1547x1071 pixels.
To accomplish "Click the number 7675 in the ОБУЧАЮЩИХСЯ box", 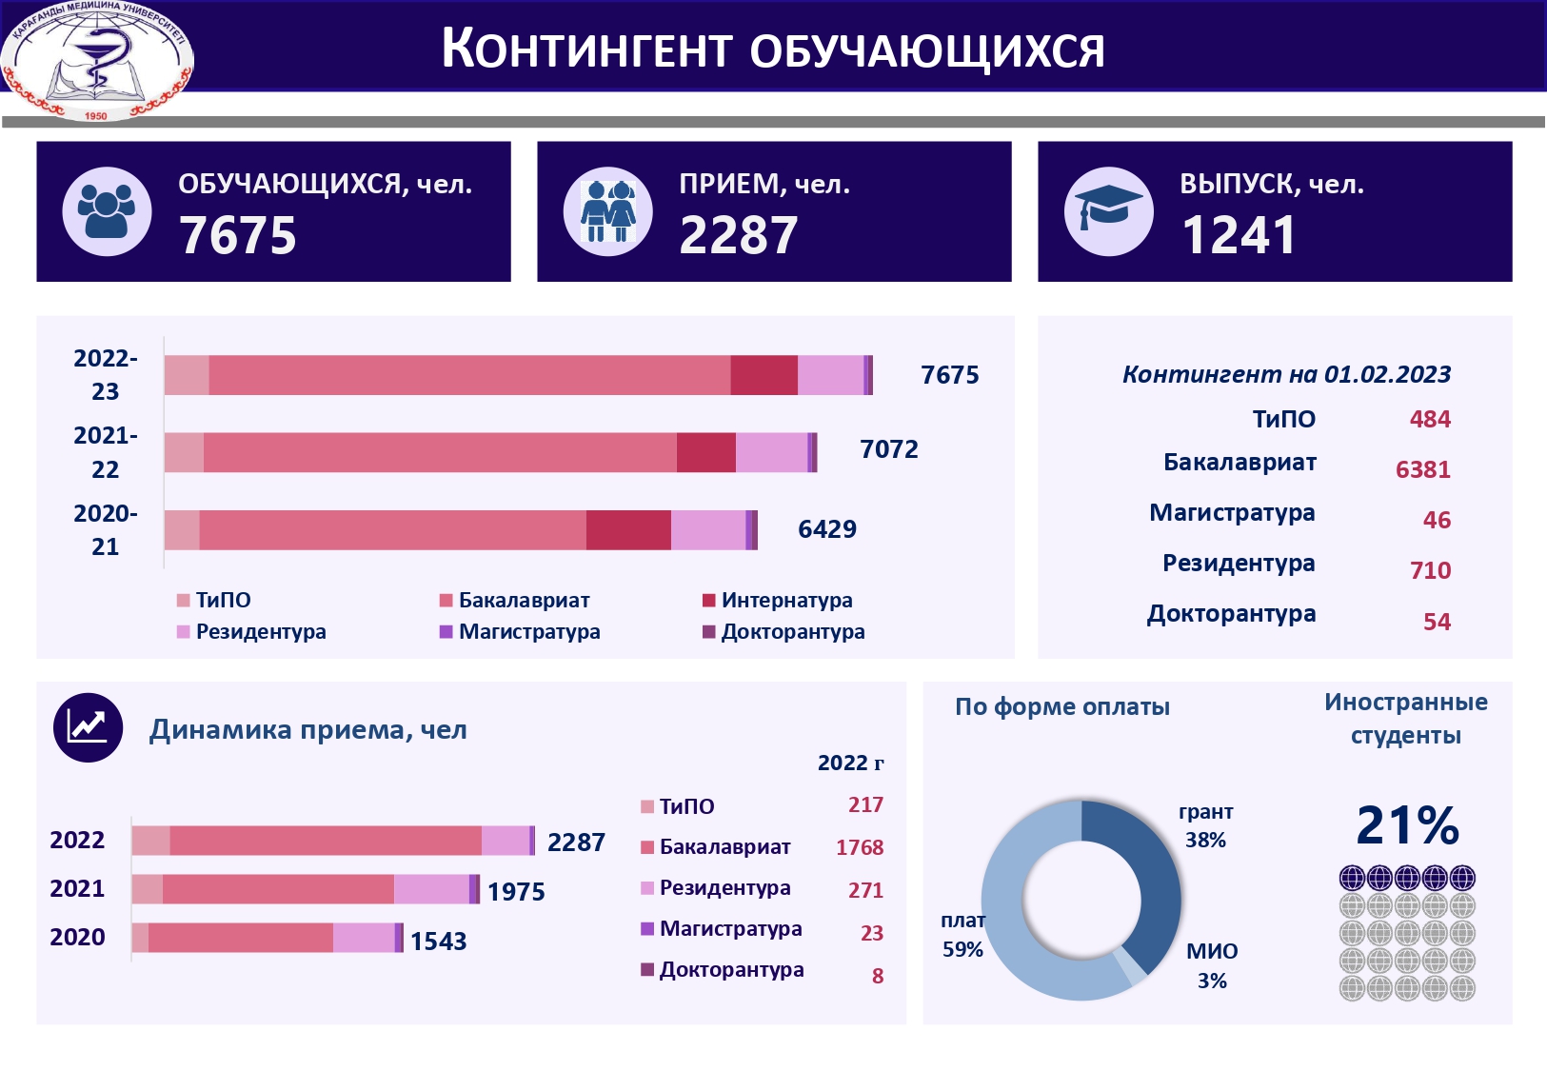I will pos(238,235).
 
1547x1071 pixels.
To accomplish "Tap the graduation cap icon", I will pos(1108,210).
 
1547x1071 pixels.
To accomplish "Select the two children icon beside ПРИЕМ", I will pos(607,210).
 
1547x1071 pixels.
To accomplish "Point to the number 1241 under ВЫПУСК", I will pos(1239,235).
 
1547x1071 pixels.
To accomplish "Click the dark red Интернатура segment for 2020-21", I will pos(628,530).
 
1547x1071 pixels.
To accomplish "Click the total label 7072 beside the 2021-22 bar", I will pos(888,449).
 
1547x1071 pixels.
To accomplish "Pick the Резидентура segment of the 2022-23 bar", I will pos(830,375).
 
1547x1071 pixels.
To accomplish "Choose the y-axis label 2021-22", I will pos(105,452).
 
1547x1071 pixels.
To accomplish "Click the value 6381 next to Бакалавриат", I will pos(1422,469).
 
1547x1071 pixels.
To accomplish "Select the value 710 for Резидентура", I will pos(1430,570).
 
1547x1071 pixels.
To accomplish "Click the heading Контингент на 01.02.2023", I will pos(1286,374).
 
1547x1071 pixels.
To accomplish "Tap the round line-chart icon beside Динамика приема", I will pos(89,728).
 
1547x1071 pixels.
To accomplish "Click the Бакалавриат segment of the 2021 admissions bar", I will pos(278,889).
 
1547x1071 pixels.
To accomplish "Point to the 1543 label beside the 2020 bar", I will pos(438,942).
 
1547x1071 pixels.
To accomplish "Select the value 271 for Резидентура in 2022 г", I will pos(865,890).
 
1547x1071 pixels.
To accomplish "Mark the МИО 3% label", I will pos(1212,965).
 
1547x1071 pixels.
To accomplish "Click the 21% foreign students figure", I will pos(1407,824).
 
